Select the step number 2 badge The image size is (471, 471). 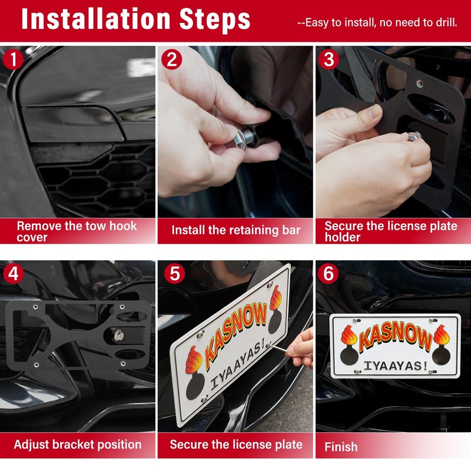pyautogui.click(x=171, y=59)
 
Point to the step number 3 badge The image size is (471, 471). pyautogui.click(x=329, y=59)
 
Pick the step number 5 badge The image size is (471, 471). pyautogui.click(x=171, y=274)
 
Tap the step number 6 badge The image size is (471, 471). pyautogui.click(x=329, y=274)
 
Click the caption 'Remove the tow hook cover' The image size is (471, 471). pyautogui.click(x=77, y=231)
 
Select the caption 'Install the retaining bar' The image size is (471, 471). pyautogui.click(x=235, y=230)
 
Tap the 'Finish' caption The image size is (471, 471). pyautogui.click(x=341, y=447)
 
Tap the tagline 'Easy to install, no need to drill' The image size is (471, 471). pyautogui.click(x=377, y=23)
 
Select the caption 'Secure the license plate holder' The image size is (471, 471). pyautogui.click(x=391, y=231)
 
